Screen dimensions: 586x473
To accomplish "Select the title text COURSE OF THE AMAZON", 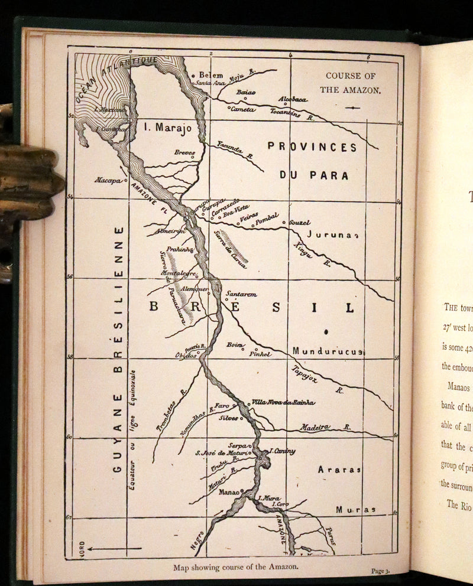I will tap(351, 83).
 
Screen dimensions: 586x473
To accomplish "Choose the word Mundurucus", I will tap(327, 351).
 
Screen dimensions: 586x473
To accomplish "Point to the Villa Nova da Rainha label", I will tap(283, 402).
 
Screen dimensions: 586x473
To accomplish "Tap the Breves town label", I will tap(184, 152).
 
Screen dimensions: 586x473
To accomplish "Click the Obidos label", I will tap(185, 356).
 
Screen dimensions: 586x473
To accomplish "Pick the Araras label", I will tap(339, 470).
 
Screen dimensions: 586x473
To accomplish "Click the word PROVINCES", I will tap(312, 146).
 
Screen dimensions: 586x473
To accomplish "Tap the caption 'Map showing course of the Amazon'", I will tap(236, 568).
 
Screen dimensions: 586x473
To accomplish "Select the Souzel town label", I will tap(300, 223).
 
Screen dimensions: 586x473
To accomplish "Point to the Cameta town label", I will tap(242, 109).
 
